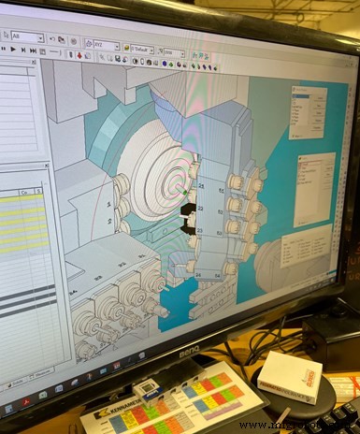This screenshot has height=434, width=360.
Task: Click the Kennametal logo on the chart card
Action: click(124, 408)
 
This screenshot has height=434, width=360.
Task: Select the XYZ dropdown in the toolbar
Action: click(103, 44)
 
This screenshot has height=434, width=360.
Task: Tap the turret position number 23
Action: click(200, 229)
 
